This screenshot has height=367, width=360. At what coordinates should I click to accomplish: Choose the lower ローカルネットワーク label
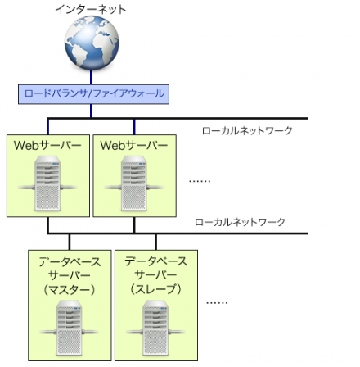point(240,222)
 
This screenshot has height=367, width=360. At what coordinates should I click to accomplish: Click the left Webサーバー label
point(47,145)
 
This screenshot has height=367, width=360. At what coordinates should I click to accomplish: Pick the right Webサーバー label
point(133,145)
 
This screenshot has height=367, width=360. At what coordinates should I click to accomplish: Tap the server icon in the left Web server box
point(47,185)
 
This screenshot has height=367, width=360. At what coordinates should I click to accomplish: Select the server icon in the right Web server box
point(133,185)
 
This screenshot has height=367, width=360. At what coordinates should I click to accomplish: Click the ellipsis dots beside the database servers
point(217,302)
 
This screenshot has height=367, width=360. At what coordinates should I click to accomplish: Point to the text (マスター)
point(70,290)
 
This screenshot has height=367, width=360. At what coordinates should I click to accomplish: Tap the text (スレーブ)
point(155,290)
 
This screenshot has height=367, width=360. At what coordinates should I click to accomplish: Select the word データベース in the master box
point(70,262)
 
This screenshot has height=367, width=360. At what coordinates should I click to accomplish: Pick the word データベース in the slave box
point(155,262)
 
